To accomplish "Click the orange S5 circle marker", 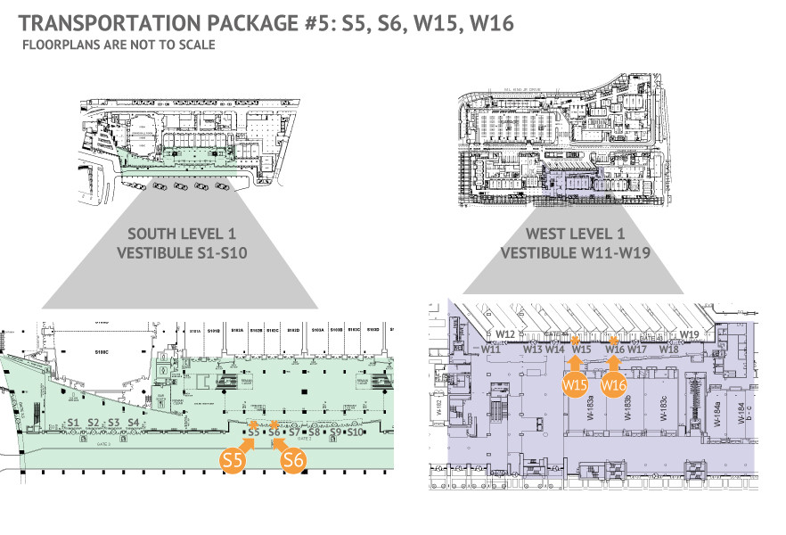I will pyautogui.click(x=233, y=460).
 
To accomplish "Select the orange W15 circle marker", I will pyautogui.click(x=574, y=384).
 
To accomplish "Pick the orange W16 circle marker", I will pyautogui.click(x=612, y=385).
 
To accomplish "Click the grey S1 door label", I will pyautogui.click(x=74, y=423).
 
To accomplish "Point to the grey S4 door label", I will pyautogui.click(x=133, y=423).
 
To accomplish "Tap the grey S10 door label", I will pyautogui.click(x=355, y=432).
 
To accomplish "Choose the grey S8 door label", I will pyautogui.click(x=314, y=432).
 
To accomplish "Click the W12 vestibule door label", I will pyautogui.click(x=506, y=334).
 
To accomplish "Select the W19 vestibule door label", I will pyautogui.click(x=689, y=334).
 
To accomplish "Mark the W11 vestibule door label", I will pyautogui.click(x=491, y=350).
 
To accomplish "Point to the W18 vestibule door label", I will pyautogui.click(x=669, y=350).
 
